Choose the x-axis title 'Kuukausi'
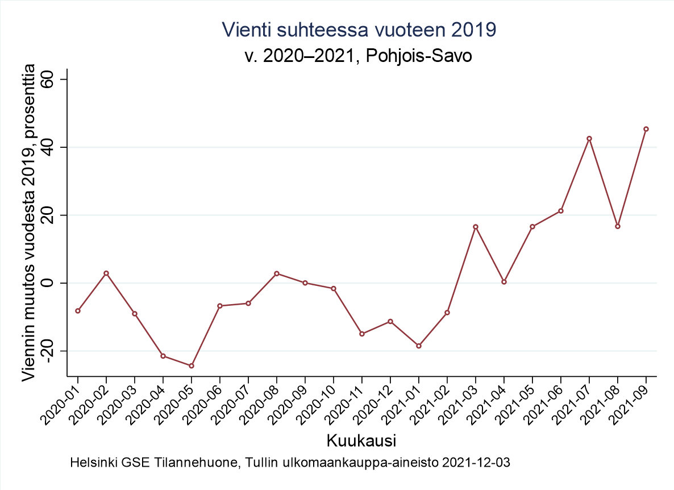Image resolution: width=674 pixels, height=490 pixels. pos(361,441)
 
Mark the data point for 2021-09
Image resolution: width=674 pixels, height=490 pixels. pos(646,129)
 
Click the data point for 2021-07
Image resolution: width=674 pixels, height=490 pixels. pos(589,139)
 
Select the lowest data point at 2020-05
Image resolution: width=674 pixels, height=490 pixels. pos(192,366)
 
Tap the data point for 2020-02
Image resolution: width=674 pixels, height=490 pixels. pos(106,273)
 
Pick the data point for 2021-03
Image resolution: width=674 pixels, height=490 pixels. pos(476,227)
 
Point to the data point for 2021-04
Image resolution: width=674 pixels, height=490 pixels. pos(504,281)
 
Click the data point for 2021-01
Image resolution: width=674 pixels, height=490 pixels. pos(419,346)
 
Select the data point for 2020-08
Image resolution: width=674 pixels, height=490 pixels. pos(277,273)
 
